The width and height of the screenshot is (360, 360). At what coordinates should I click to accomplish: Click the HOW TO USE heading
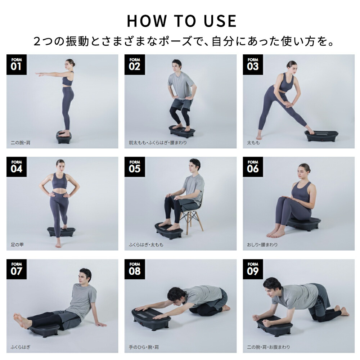pos(181,21)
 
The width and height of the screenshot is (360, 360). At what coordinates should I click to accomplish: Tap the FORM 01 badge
pos(17,64)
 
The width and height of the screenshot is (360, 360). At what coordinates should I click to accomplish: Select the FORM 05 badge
pos(135,167)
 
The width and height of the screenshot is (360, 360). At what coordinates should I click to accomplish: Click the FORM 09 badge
pos(253,269)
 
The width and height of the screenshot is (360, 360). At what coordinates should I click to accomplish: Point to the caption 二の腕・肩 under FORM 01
pos(21,143)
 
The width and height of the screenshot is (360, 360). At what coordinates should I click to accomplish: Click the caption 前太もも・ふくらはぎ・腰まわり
pos(158,143)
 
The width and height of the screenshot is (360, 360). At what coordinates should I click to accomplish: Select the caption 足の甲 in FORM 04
pos(17,245)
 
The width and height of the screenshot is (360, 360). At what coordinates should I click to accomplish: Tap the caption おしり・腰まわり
pos(262,245)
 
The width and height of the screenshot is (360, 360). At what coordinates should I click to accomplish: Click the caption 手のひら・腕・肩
pos(144,347)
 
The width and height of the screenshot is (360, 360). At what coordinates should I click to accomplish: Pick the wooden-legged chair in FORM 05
pos(192,218)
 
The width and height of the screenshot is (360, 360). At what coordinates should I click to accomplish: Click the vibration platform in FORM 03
pos(321,136)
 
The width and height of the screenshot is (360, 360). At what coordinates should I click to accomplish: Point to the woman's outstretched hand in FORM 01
pos(39,74)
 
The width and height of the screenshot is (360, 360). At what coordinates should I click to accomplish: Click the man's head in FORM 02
pos(176,66)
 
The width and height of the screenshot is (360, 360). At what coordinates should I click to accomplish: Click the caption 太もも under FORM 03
pos(253,143)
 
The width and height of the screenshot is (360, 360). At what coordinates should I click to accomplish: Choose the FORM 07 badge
pos(17,269)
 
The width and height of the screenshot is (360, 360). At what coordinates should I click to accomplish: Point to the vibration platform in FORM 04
pos(61,231)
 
